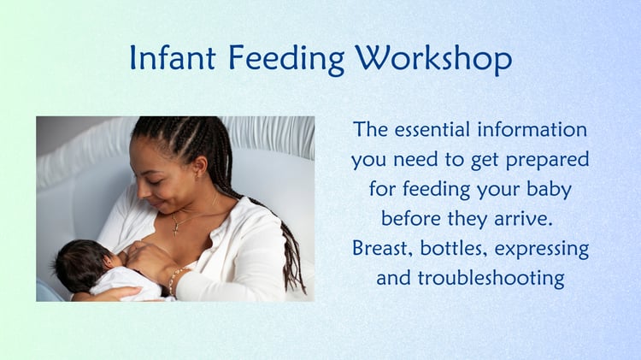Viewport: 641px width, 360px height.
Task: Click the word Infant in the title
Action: click(x=173, y=57)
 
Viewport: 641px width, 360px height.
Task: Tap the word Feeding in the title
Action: click(x=285, y=59)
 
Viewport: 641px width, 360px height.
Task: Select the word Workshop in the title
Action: click(x=433, y=60)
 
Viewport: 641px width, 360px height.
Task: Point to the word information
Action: click(x=532, y=130)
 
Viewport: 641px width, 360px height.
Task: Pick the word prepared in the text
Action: click(x=547, y=161)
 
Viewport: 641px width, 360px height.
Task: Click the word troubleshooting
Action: click(x=491, y=279)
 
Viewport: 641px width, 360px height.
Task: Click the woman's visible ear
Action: click(x=199, y=168)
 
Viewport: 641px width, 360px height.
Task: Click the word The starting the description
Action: click(x=370, y=130)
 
